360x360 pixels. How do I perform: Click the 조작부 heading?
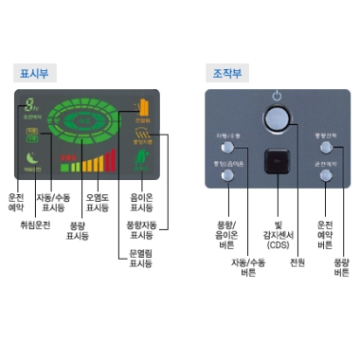pos(223,72)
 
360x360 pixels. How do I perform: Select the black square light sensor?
pos(278,164)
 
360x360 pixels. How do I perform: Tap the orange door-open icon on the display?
pos(143,107)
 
